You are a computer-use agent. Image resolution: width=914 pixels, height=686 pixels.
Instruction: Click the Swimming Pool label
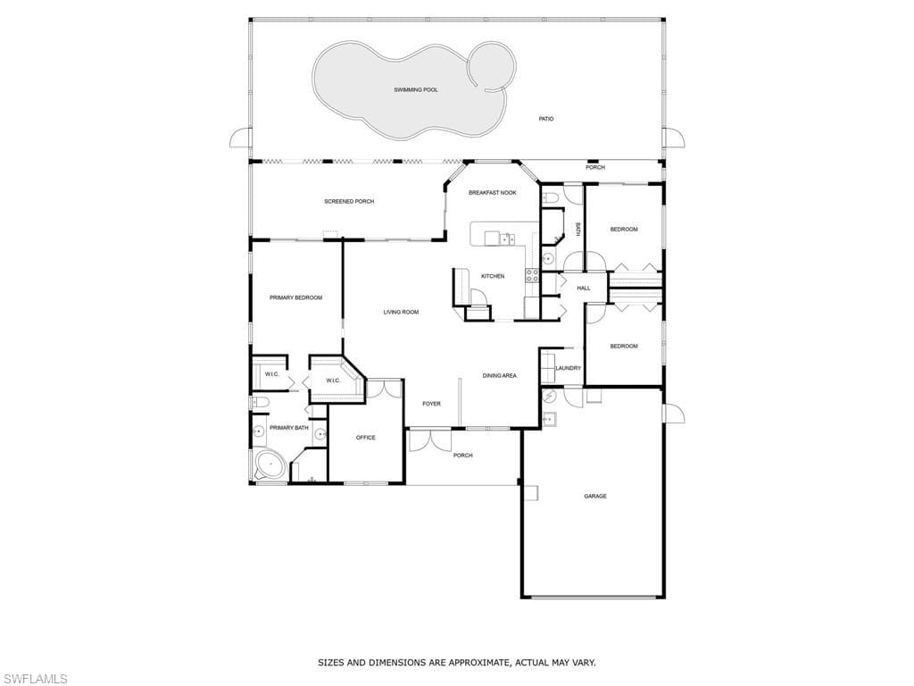click(x=416, y=90)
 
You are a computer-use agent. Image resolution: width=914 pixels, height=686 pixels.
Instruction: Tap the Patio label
click(x=546, y=119)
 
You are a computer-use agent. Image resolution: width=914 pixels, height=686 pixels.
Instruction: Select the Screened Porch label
click(x=349, y=201)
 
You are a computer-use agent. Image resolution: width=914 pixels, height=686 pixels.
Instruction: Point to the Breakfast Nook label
click(x=493, y=193)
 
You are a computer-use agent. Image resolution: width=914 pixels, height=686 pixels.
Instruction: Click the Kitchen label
click(x=493, y=276)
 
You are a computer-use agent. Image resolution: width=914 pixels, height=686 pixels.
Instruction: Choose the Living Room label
click(x=401, y=312)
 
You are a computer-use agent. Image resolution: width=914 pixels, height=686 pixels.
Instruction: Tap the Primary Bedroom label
click(x=295, y=297)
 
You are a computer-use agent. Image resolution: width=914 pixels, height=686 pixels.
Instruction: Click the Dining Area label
click(x=500, y=376)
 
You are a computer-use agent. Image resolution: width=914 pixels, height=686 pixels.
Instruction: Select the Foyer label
click(x=431, y=404)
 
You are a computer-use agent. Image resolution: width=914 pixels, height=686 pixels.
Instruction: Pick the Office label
click(x=365, y=438)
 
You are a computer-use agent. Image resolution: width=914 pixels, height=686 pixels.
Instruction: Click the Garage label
click(x=595, y=497)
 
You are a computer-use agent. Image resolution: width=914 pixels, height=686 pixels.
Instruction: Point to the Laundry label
click(x=569, y=368)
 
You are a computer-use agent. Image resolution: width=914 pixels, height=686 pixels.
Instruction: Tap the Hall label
click(x=584, y=289)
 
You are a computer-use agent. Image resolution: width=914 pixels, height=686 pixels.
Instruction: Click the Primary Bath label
click(x=288, y=428)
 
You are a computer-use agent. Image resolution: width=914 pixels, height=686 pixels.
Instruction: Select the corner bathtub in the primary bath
click(x=270, y=464)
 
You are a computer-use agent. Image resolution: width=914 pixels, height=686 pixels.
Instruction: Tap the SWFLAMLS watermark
click(x=34, y=679)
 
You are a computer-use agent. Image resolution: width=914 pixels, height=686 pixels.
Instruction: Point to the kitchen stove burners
click(x=532, y=275)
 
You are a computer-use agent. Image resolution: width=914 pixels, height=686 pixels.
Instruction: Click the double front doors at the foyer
click(x=429, y=440)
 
